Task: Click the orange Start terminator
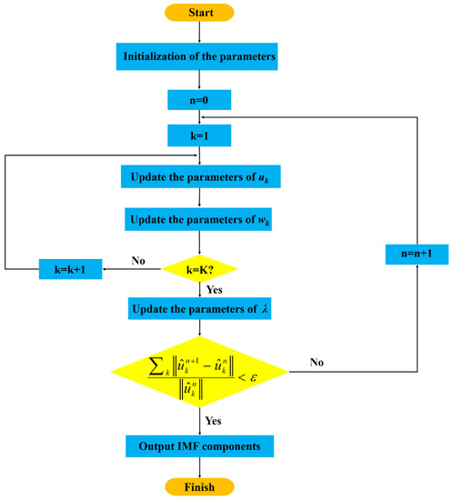198,13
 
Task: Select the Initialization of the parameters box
198,57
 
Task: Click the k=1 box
198,135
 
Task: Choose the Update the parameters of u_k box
198,176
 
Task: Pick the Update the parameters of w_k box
198,219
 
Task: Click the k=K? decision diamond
198,268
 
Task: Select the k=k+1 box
71,269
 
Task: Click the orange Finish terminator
198,486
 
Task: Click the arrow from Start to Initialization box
198,32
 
